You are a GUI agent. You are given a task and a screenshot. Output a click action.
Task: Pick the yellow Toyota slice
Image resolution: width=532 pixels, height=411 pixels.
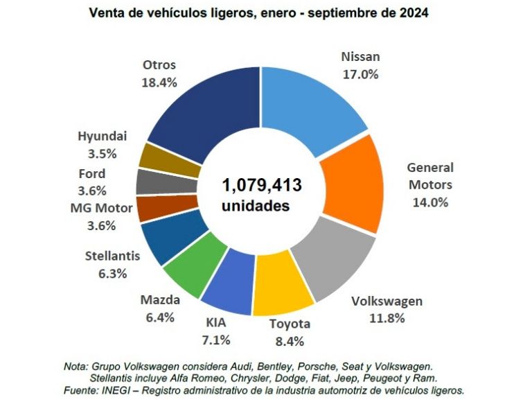[x=282, y=291]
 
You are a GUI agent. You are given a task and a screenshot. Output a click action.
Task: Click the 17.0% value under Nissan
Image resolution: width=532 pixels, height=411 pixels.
[x=360, y=73]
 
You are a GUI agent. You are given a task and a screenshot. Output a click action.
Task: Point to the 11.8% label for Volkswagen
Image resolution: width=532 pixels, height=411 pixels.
[x=387, y=318]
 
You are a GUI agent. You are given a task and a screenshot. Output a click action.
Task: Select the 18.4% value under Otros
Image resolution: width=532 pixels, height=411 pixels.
[x=159, y=82]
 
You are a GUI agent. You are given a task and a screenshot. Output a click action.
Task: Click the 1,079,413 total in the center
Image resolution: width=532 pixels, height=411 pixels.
[x=261, y=186]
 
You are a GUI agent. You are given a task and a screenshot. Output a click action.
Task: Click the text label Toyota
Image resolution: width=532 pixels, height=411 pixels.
[x=290, y=324]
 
